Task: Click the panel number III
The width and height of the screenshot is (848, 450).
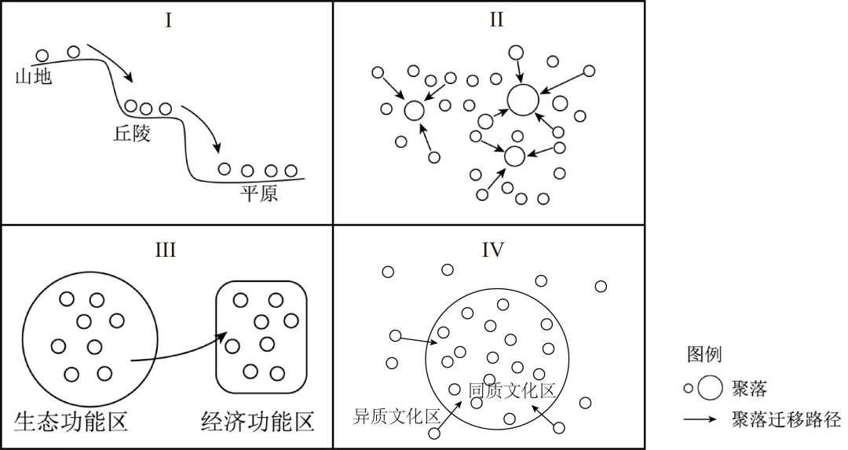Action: pyautogui.click(x=166, y=250)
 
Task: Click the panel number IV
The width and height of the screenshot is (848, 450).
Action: pyautogui.click(x=493, y=250)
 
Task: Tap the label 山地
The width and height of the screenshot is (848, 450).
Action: pyautogui.click(x=33, y=77)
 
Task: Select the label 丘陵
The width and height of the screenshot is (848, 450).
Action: pyautogui.click(x=132, y=133)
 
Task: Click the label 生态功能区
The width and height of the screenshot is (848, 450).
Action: pyautogui.click(x=71, y=421)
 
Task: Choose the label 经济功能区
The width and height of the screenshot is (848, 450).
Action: pyautogui.click(x=258, y=421)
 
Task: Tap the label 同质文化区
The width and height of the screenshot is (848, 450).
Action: pyautogui.click(x=511, y=390)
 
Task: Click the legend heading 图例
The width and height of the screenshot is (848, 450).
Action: pyautogui.click(x=704, y=354)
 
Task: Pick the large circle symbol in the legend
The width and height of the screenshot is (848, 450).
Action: pyautogui.click(x=710, y=387)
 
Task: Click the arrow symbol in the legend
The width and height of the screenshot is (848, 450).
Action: pyautogui.click(x=700, y=419)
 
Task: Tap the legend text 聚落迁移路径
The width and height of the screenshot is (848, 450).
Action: pyautogui.click(x=785, y=419)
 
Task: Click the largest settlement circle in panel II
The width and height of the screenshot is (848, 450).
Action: pyautogui.click(x=523, y=100)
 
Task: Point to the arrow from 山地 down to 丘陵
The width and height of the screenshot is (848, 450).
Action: pyautogui.click(x=111, y=63)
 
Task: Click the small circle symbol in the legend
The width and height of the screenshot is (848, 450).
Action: pyautogui.click(x=688, y=388)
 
